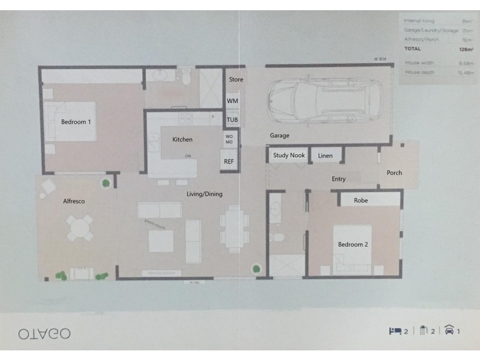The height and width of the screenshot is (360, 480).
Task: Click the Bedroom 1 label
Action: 76,122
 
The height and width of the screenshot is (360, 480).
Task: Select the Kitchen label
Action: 182,140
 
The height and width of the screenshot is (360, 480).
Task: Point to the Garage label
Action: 280,136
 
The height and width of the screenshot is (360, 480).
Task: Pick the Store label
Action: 236,79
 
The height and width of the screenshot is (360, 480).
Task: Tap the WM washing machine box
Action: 232,101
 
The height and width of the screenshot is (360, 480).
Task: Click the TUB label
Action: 232,119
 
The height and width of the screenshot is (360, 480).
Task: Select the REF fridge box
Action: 229,162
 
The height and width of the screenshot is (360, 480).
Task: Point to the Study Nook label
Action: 289,155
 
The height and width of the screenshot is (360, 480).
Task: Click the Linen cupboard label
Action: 325,156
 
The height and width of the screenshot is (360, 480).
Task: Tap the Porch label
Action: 394,173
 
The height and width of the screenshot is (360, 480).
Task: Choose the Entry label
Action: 338,179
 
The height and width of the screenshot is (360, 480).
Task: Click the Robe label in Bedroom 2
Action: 361,200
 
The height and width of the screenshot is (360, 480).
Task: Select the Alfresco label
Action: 74,202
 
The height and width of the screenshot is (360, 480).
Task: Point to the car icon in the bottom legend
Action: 449,330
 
